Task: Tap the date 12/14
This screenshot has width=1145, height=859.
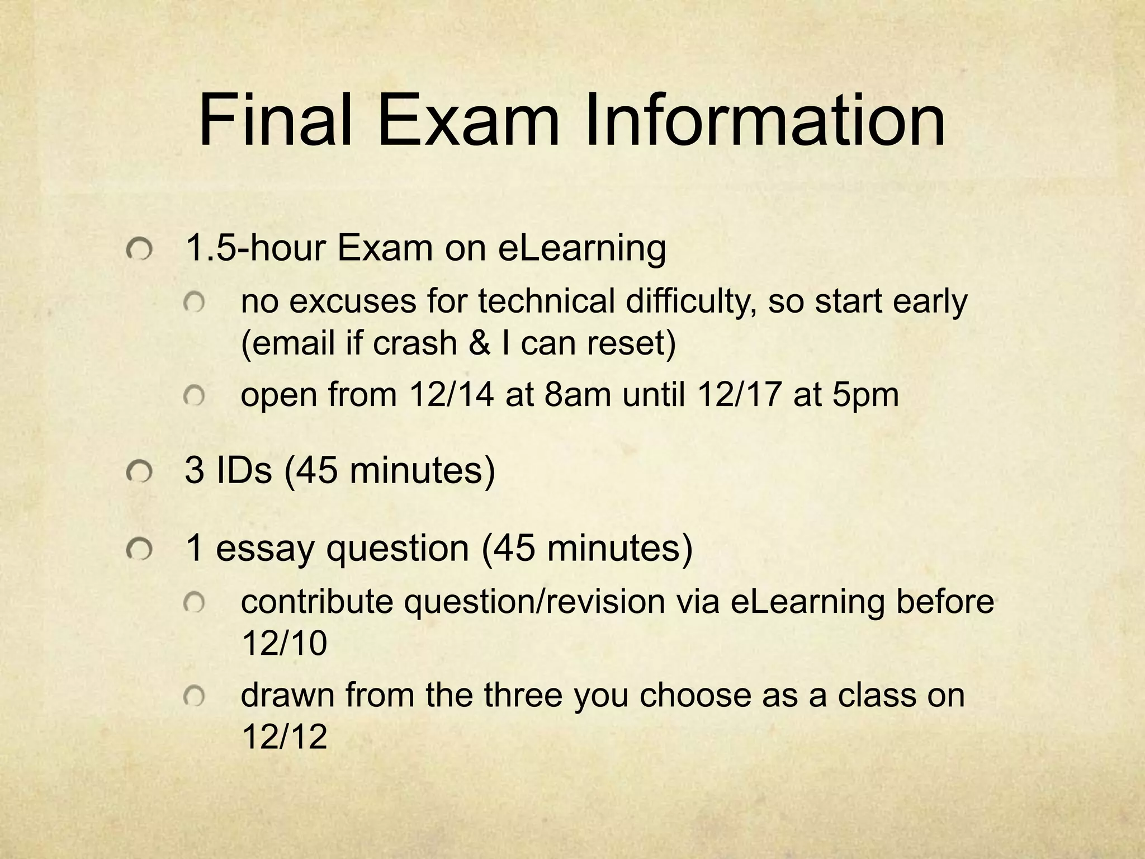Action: point(452,394)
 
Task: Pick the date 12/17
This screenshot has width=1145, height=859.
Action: point(739,394)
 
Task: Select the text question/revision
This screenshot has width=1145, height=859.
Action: point(534,602)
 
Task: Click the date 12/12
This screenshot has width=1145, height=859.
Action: point(284,737)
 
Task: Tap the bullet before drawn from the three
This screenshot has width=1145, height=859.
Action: point(195,697)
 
